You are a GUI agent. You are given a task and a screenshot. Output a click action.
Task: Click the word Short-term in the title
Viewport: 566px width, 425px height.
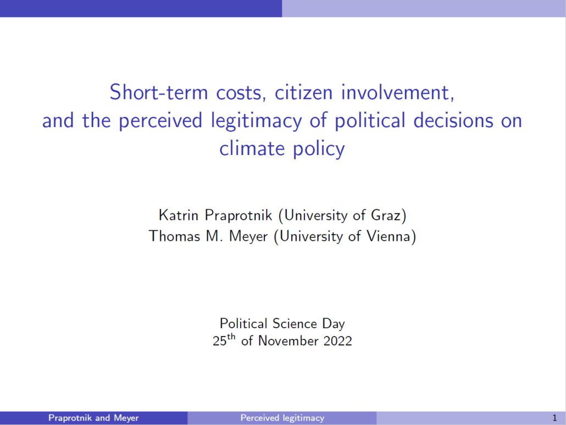(x=159, y=92)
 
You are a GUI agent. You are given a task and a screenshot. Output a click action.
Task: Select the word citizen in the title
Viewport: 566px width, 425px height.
(x=303, y=92)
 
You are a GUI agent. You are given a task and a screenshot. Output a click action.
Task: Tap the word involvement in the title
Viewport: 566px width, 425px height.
(x=397, y=92)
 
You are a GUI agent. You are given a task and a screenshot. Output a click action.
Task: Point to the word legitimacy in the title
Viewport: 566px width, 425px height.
(x=256, y=121)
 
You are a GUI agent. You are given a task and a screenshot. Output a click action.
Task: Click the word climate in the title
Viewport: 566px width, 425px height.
(x=252, y=148)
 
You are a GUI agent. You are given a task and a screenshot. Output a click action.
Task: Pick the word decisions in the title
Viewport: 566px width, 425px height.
(x=453, y=120)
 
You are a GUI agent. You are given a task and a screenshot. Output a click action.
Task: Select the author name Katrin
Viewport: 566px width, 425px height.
(x=179, y=215)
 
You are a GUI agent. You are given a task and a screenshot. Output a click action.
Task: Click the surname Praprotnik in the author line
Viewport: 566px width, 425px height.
(x=238, y=216)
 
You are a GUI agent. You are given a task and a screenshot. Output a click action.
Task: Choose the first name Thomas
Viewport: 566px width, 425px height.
(x=174, y=236)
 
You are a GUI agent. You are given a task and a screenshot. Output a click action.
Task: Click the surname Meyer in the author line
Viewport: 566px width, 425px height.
(x=248, y=237)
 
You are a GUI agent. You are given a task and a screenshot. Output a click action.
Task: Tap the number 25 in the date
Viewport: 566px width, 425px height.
(x=219, y=341)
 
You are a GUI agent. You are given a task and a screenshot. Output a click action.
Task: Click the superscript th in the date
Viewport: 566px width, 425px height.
(x=231, y=337)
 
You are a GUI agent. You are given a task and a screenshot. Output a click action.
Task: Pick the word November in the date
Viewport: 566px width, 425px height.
(x=288, y=341)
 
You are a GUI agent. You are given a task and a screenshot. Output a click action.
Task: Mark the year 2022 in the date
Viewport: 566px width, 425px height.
(x=337, y=341)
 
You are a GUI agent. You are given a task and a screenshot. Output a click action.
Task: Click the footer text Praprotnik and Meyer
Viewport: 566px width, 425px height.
(x=93, y=418)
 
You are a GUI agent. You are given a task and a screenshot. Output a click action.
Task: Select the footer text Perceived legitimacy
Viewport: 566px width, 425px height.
(x=282, y=418)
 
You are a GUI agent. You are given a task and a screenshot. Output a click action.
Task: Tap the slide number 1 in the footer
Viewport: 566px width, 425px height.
(x=554, y=418)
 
